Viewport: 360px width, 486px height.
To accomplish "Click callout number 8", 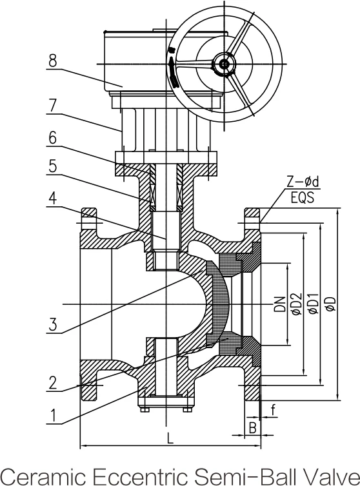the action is tap(53, 61).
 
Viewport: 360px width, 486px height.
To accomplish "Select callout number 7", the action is tap(53, 106).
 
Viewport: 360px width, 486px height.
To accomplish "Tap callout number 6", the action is tap(53, 138).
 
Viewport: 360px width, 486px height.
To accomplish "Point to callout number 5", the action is tap(53, 166).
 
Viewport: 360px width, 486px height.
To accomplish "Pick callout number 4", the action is tap(53, 198).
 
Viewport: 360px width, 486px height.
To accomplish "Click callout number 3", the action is tap(53, 325).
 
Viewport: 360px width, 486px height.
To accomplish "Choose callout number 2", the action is tap(53, 383).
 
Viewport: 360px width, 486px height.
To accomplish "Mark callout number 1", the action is tap(54, 416).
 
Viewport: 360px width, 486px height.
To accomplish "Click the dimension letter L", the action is tap(170, 438).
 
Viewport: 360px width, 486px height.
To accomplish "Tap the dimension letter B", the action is tap(253, 428).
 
